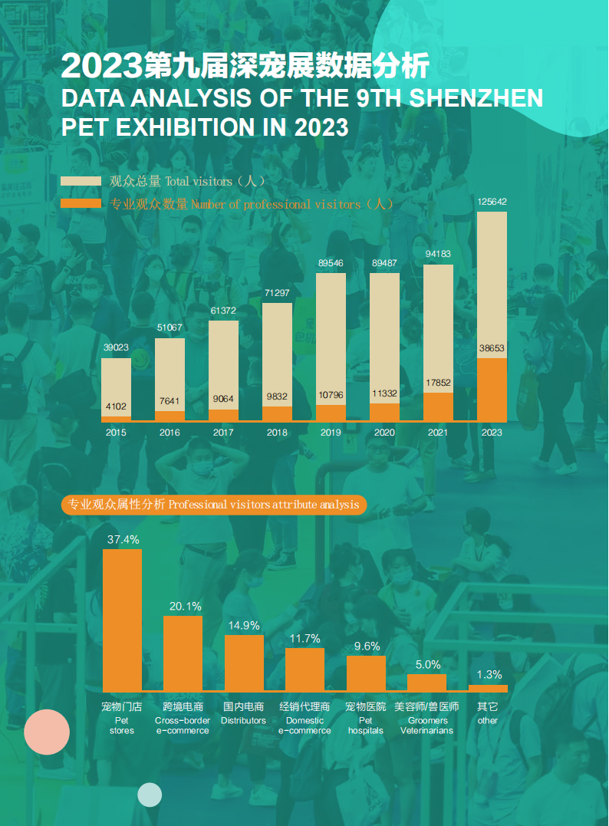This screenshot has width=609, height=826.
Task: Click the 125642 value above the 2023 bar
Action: [x=492, y=202]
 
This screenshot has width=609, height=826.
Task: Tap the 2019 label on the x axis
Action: [x=331, y=433]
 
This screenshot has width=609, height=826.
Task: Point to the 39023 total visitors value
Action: [x=116, y=347]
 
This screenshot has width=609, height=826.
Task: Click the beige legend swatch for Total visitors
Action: [x=81, y=182]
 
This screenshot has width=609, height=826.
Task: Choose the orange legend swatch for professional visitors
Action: [x=81, y=204]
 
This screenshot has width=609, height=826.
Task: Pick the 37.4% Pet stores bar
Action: [x=123, y=620]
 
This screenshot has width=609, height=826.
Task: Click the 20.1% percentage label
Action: [x=185, y=606]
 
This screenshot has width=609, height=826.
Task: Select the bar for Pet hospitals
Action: [x=366, y=673]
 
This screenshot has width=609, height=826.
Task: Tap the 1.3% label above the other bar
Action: [x=489, y=675]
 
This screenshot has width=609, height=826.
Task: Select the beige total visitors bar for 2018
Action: [x=277, y=353]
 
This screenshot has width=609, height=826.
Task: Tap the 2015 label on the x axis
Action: [x=116, y=433]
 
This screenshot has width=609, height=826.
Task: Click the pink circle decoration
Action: [x=47, y=732]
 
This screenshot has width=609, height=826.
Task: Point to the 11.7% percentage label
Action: [x=304, y=638]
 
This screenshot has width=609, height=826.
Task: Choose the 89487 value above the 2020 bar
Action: [x=384, y=263]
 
